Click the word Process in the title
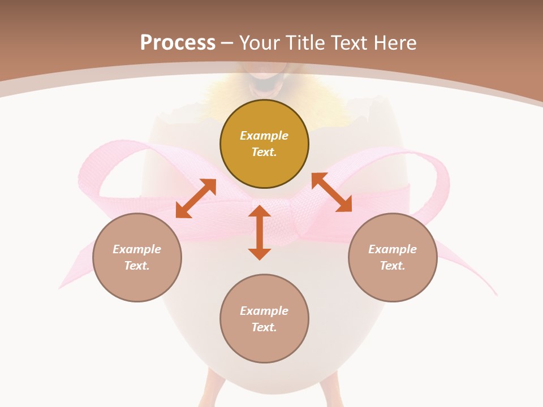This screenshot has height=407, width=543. [x=178, y=43]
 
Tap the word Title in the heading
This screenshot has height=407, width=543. [x=304, y=43]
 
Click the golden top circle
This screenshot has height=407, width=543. [x=264, y=144]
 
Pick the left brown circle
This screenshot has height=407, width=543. [x=137, y=257]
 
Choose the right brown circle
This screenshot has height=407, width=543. [x=393, y=257]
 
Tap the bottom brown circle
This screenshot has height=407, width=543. [x=264, y=319]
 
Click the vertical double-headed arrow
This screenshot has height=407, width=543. [x=260, y=232]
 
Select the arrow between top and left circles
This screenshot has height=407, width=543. [x=196, y=198]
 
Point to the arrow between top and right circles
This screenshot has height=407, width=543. [x=331, y=192]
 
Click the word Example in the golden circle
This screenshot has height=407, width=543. [x=264, y=136]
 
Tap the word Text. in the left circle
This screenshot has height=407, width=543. [x=137, y=266]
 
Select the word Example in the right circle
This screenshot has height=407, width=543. [x=393, y=249]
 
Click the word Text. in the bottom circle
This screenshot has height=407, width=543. [x=264, y=327]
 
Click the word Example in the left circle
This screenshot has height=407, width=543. [x=137, y=249]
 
